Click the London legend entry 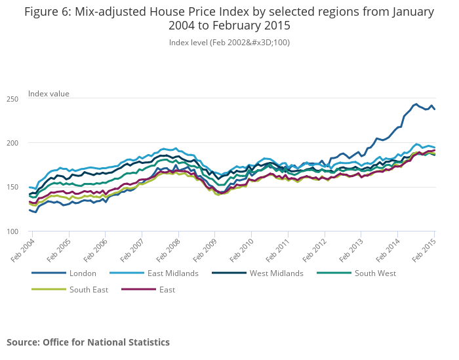(x=83, y=273)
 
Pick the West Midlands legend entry (x=276, y=273)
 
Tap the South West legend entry (x=375, y=273)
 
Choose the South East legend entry (x=89, y=289)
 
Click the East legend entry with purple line (x=167, y=289)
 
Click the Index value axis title (x=49, y=94)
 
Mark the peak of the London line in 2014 (x=416, y=104)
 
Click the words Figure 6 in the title (x=49, y=12)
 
